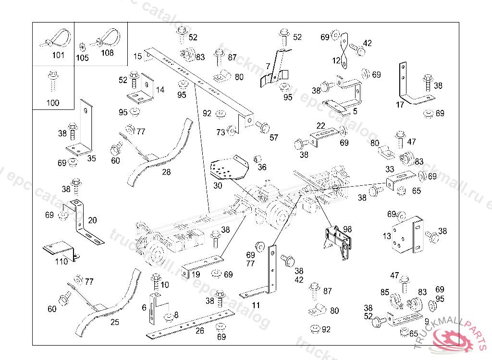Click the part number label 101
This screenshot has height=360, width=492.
click(x=58, y=55)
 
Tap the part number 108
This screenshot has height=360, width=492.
click(x=108, y=53)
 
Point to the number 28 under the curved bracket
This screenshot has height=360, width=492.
click(x=166, y=172)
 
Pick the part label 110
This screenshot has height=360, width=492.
click(x=61, y=262)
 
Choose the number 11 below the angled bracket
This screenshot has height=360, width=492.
click(x=256, y=305)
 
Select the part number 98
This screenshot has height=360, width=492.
click(x=347, y=230)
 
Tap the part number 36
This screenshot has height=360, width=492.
click(x=262, y=167)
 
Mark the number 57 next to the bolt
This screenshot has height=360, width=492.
click(x=274, y=138)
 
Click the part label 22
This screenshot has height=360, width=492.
click(x=321, y=125)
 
